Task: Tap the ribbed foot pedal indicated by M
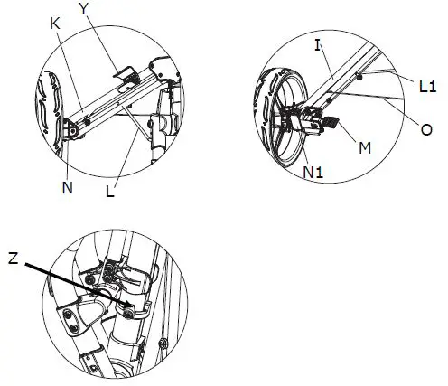pyautogui.click(x=331, y=119)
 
